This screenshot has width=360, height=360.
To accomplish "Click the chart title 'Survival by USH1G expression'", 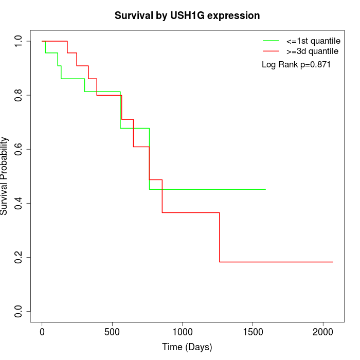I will click(187, 15).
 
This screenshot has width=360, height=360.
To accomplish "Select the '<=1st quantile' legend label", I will click(313, 41).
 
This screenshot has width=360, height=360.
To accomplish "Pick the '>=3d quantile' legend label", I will click(312, 51).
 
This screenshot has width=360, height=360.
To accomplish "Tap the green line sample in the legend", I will click(271, 41).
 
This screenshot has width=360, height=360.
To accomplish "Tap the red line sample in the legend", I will click(271, 51).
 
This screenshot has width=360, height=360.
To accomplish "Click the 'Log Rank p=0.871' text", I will click(296, 65).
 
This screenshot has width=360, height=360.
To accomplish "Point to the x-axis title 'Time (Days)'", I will click(187, 347).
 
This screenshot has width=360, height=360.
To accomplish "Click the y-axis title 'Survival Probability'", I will click(5, 176).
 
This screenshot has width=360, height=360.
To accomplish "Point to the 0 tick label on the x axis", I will click(42, 331).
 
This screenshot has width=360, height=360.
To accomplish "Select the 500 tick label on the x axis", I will click(112, 331).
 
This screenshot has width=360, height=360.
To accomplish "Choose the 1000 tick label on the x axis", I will click(183, 331).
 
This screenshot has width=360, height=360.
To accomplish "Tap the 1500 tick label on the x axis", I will click(253, 331).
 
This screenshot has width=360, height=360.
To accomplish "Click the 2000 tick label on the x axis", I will click(323, 331).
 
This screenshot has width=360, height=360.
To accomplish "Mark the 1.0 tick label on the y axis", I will click(19, 41).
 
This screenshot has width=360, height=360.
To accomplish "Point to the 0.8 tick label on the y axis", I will click(19, 95).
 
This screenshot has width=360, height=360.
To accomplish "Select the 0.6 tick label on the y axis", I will click(19, 149).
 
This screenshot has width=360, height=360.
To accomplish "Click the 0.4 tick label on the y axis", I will click(19, 203).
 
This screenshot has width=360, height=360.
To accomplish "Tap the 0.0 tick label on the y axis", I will click(19, 311).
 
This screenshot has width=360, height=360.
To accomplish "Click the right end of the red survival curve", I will click(333, 262).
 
